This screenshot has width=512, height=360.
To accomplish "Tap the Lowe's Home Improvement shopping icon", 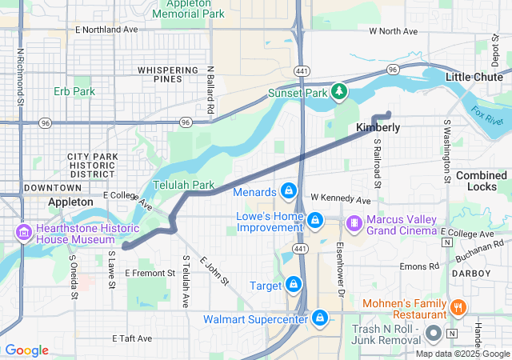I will (x=315, y=218).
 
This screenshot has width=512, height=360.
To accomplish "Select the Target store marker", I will (x=294, y=284).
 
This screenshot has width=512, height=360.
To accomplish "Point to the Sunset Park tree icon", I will (x=339, y=93).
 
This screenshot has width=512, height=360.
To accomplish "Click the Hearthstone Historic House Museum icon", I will (x=22, y=234).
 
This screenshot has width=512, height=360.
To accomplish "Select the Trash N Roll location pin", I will (x=433, y=332).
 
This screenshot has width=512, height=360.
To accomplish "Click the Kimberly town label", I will (x=378, y=127).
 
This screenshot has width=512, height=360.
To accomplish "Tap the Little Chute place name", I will (x=474, y=77).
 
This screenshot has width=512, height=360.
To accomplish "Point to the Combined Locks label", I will (x=481, y=181).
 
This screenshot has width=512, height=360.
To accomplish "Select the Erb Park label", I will (x=74, y=91).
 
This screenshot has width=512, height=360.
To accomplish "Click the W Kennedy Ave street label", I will (x=341, y=198).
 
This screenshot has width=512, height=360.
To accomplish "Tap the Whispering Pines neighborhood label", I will (x=167, y=75).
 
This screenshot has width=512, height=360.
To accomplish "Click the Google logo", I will (x=26, y=350).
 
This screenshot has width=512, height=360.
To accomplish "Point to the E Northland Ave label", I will (x=106, y=29).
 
